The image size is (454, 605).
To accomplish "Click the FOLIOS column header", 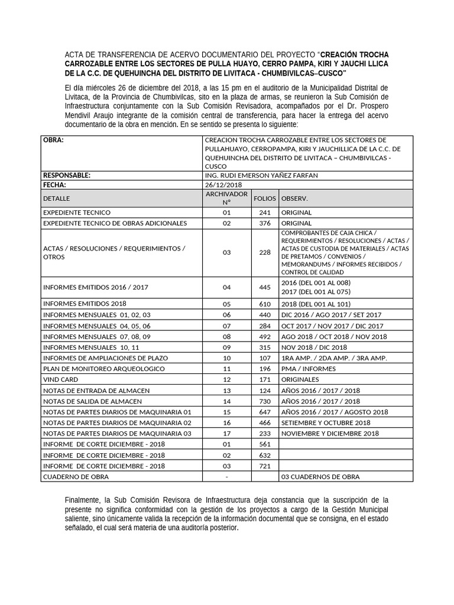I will click(265, 199).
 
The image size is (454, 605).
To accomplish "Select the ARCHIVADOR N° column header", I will click(226, 198).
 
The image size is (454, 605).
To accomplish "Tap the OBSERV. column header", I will click(294, 199).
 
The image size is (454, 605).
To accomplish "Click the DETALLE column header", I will click(57, 199).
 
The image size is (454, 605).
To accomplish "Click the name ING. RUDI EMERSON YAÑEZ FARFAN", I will click(262, 175).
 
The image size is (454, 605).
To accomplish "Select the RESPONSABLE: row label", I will click(67, 175).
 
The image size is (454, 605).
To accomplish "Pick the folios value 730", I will click(265, 401).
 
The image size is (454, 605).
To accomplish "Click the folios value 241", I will click(265, 213).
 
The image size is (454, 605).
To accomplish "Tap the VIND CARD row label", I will click(61, 379).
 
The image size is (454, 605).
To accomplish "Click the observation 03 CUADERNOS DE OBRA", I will click(320, 477).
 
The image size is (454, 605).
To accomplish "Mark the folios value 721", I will click(265, 466).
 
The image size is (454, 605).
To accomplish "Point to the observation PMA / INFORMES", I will click(308, 369).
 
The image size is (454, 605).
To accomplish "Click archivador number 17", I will click(226, 434).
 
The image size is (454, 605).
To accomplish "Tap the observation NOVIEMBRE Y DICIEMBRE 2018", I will click(330, 434).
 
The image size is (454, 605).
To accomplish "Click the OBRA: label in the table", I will click(53, 140).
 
